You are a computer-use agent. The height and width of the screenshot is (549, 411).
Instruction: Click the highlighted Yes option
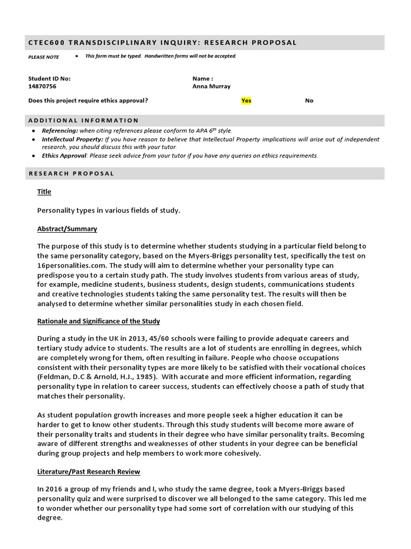click(246, 100)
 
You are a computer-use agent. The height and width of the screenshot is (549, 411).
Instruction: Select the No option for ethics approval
click(309, 100)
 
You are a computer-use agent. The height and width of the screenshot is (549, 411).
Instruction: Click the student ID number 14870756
click(42, 86)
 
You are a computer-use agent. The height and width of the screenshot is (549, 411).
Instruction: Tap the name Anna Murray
click(211, 86)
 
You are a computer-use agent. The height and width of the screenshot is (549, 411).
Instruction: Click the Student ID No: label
click(49, 78)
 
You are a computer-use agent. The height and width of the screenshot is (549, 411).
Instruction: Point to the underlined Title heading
click(44, 191)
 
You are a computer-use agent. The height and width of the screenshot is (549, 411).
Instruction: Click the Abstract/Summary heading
click(67, 229)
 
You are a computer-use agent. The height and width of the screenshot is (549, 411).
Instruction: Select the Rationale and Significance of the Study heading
click(98, 321)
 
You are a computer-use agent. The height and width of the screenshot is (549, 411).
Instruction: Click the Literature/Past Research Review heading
click(88, 472)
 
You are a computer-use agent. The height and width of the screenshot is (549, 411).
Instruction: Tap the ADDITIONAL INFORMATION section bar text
click(83, 120)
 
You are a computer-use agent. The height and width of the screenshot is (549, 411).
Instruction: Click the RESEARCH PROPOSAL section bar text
click(71, 173)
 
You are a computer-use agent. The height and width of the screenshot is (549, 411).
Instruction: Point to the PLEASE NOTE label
click(44, 57)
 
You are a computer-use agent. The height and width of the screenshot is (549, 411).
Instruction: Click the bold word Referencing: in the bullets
click(60, 130)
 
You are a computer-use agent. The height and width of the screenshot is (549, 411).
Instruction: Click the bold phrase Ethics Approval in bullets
click(64, 156)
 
